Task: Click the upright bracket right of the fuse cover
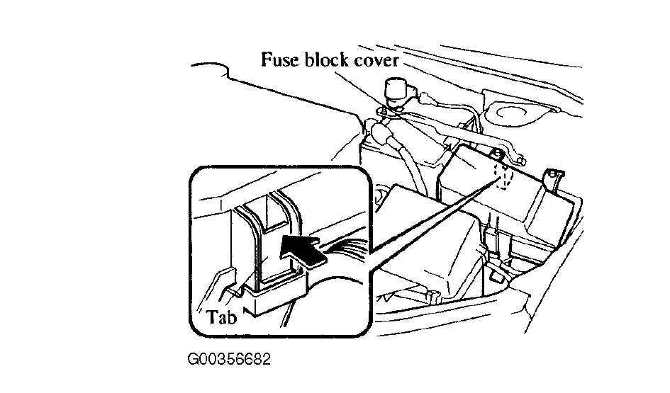tap(553, 181)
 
